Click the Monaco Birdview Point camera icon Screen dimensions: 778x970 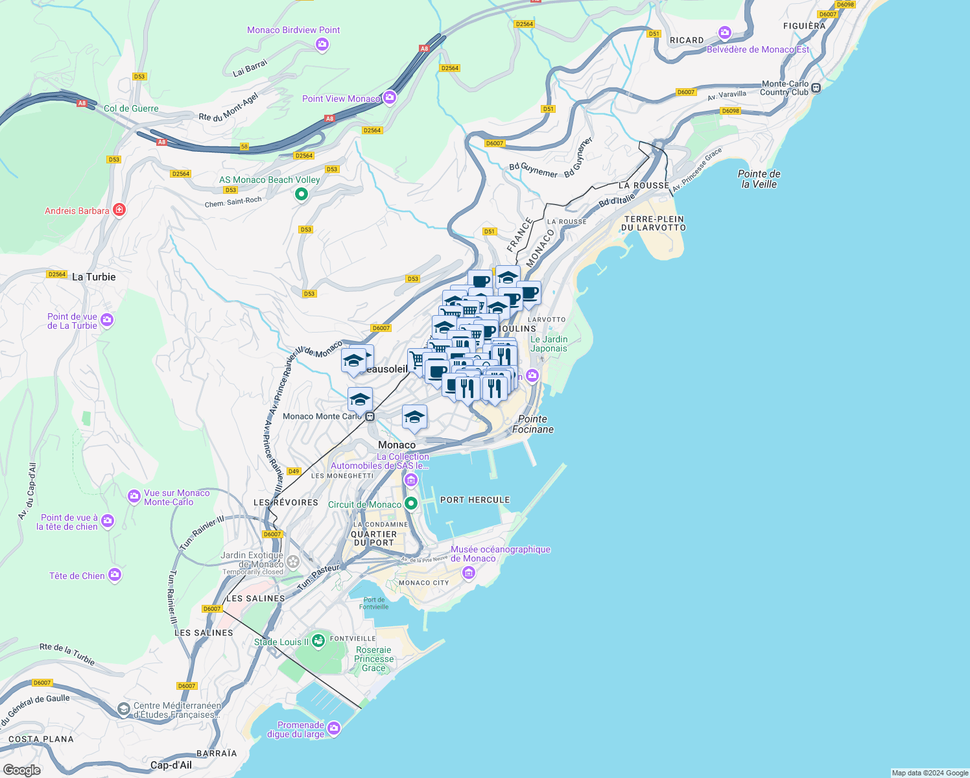[x=322, y=45]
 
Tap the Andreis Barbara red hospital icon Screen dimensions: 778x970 [x=119, y=210]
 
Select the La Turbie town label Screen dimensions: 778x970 [x=94, y=277]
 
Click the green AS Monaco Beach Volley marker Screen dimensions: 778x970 [x=301, y=194]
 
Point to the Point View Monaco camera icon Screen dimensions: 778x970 [x=390, y=98]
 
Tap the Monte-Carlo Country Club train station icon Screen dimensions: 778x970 [x=816, y=88]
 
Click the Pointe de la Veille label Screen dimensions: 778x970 [x=759, y=179]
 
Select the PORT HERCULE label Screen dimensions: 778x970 [x=475, y=500]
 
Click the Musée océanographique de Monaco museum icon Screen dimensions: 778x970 [x=468, y=573]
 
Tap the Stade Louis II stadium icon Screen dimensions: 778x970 [x=318, y=642]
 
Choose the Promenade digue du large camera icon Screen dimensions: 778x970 [x=334, y=729]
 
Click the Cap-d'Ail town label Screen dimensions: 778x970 [x=171, y=765]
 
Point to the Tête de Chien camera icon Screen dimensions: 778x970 [x=115, y=575]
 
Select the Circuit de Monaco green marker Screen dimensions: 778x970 [x=410, y=504]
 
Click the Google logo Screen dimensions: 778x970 [x=22, y=770]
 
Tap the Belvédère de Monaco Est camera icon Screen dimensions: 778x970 [x=725, y=33]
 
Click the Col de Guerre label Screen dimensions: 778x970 [x=131, y=108]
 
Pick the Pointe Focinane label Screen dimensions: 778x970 [x=533, y=424]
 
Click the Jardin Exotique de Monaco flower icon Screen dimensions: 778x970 [x=293, y=561]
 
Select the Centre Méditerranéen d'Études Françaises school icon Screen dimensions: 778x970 [x=123, y=710]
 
